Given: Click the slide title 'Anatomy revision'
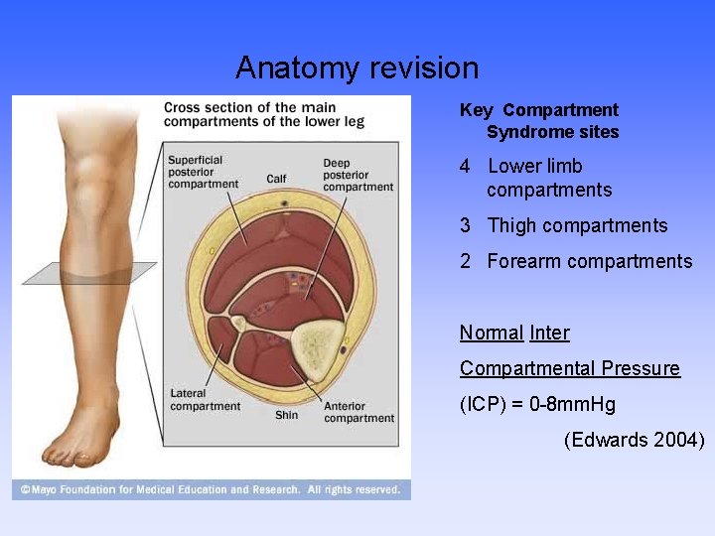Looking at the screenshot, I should pos(357,68).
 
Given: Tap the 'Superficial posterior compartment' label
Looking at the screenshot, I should pos(203,172).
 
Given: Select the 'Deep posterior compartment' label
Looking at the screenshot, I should pos(357,175).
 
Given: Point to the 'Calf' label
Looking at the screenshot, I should pos(276,179).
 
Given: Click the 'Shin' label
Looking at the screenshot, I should pos(286,415).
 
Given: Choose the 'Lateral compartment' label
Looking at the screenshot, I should pos(205,400).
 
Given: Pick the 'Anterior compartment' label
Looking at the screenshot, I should pos(358,412).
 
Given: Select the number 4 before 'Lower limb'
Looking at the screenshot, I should pos(465,167).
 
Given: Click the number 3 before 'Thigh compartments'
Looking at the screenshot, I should pos(465,226).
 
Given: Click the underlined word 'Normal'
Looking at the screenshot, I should pos(491,334).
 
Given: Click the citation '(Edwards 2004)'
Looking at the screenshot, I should pos(634,440).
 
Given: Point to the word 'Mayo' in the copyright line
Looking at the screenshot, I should pos(47,489).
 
